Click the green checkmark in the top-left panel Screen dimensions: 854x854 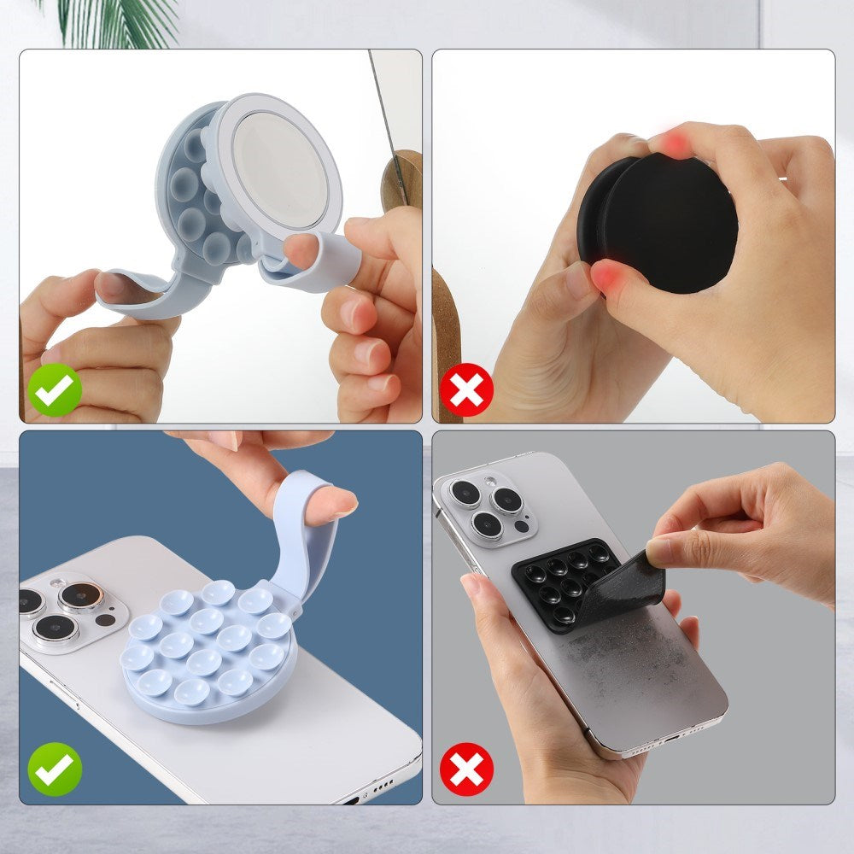[55, 390]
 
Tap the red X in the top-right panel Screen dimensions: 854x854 [467, 390]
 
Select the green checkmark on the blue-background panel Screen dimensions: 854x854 [55, 769]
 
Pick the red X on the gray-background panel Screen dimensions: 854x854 [467, 769]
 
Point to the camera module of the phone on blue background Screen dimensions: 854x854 [64, 611]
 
